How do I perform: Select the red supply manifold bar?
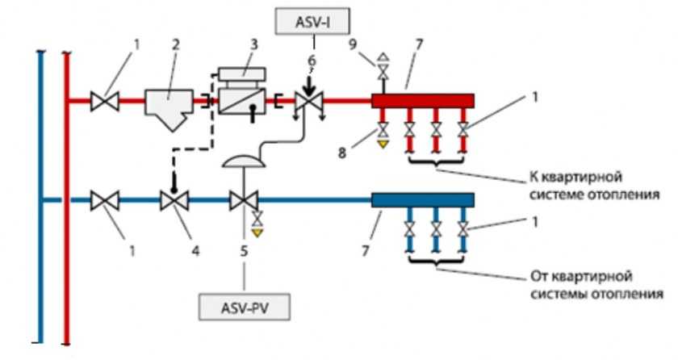coord(423,101)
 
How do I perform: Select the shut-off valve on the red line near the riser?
coord(105,102)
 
